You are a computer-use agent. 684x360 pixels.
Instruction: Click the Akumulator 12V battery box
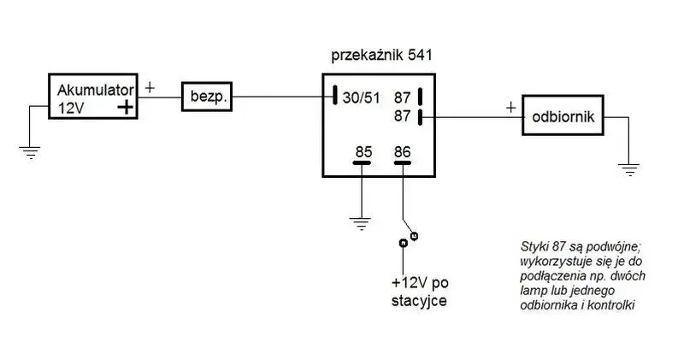click(93, 97)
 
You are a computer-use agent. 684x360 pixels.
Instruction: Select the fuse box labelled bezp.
click(207, 97)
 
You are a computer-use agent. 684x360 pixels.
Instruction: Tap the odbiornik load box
click(563, 115)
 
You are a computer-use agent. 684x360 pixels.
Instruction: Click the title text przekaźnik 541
click(381, 56)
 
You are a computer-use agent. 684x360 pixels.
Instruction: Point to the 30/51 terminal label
click(361, 97)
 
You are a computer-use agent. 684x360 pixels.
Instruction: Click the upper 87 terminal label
click(402, 97)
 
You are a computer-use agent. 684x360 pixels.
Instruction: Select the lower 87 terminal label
click(402, 115)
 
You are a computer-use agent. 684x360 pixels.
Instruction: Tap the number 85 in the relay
click(364, 152)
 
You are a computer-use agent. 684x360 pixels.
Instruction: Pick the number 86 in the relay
click(402, 152)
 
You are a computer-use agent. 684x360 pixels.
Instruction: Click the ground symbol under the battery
click(30, 153)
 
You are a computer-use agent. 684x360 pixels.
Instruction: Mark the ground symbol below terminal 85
click(361, 223)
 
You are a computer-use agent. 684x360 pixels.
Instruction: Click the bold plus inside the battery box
click(125, 107)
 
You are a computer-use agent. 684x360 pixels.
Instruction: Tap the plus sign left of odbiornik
click(510, 108)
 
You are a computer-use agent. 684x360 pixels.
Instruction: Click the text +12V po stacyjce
click(420, 292)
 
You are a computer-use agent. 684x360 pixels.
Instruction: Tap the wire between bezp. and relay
click(283, 97)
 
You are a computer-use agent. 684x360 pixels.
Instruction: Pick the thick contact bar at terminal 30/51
click(335, 95)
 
